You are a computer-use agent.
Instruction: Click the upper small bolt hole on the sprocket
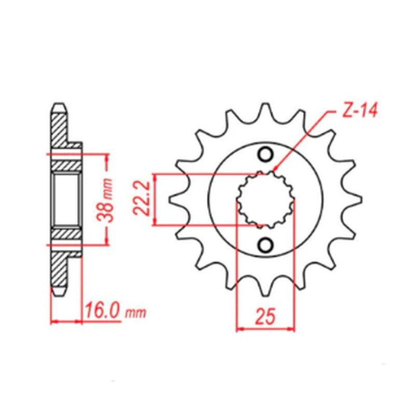(x=266, y=155)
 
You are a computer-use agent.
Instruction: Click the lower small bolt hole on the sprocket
(x=266, y=244)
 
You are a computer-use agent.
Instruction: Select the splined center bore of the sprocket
(x=266, y=200)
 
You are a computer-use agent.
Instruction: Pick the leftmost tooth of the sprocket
(x=174, y=200)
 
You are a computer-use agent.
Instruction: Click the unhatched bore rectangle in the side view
(x=66, y=199)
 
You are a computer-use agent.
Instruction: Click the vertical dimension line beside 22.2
(x=155, y=200)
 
